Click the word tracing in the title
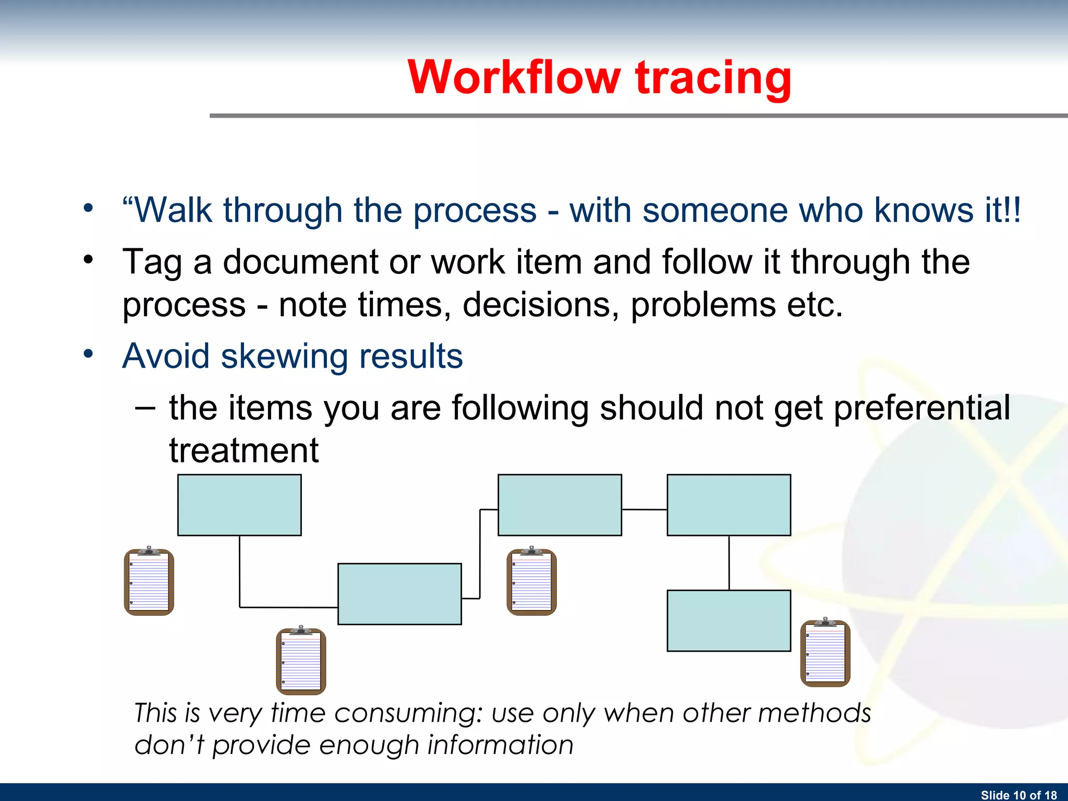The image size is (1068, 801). (713, 78)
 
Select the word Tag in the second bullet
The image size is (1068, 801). (152, 262)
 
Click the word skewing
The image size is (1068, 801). (284, 356)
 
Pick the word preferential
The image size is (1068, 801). (921, 408)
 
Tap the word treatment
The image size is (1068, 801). (244, 451)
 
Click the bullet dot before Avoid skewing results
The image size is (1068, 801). (88, 354)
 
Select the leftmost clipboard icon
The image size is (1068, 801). (149, 582)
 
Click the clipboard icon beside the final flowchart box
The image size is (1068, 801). (825, 653)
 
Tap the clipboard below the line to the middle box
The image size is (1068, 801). (301, 661)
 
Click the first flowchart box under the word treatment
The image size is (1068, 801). (239, 505)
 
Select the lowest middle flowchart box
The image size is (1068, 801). (399, 594)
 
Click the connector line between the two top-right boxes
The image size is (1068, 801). (644, 509)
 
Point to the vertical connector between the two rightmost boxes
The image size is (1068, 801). (729, 563)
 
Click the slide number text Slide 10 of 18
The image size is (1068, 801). (1018, 795)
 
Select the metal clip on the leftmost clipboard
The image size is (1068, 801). (149, 551)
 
